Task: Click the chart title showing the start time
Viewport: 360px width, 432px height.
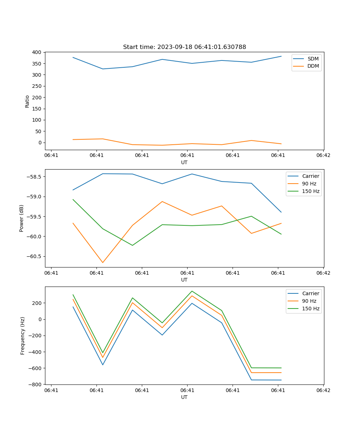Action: (x=184, y=47)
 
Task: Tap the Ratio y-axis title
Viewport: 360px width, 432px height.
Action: (x=27, y=101)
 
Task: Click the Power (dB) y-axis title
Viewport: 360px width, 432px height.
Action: (x=22, y=218)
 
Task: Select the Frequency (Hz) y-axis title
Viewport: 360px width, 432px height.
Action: (x=22, y=336)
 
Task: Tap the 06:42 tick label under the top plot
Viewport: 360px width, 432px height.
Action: (x=323, y=156)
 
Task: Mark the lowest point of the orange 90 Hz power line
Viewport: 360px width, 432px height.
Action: (x=103, y=262)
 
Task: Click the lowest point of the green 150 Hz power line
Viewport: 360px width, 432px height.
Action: (x=132, y=245)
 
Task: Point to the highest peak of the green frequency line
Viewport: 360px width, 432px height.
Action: (x=192, y=291)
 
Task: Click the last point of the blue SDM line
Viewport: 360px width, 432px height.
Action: (x=281, y=56)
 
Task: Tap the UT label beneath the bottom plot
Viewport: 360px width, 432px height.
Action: (x=184, y=397)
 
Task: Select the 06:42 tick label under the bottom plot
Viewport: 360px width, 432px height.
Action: (x=323, y=390)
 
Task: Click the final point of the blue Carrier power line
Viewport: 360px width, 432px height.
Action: (x=281, y=212)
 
